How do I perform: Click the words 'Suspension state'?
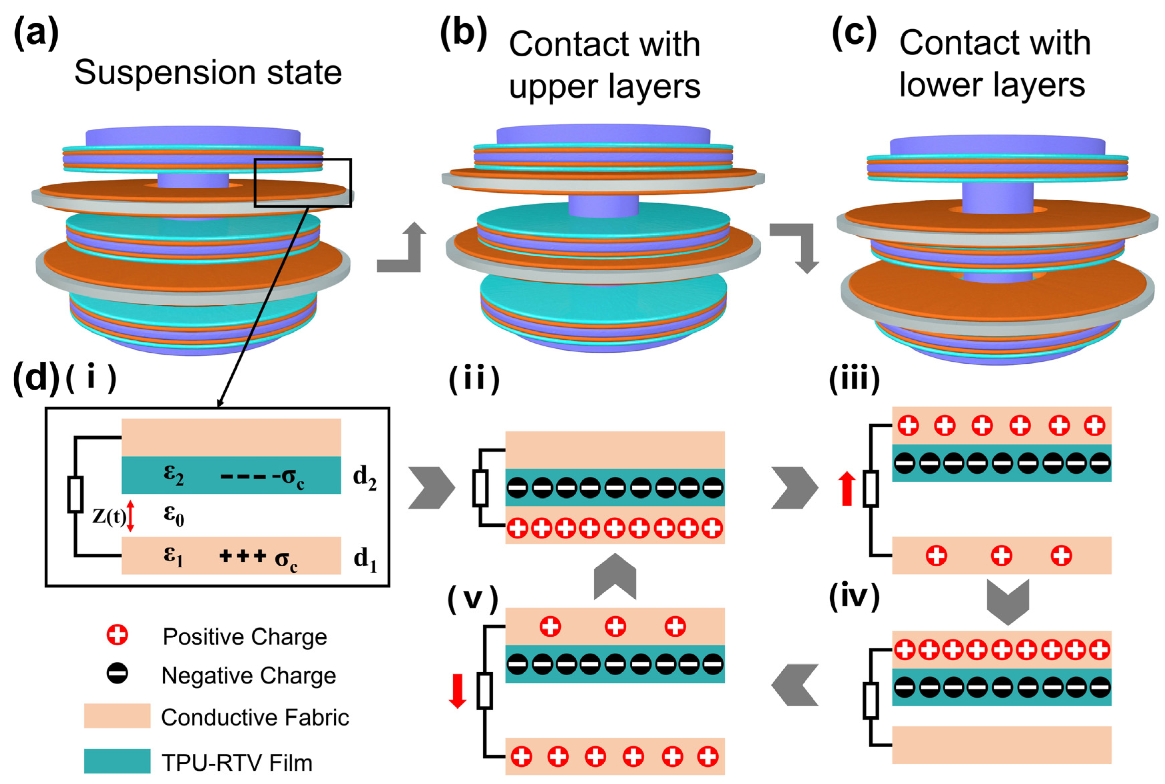[208, 73]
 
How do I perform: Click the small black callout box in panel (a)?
[303, 182]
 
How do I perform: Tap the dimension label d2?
[364, 478]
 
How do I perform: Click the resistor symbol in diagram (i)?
[75, 494]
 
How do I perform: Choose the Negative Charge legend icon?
[117, 674]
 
